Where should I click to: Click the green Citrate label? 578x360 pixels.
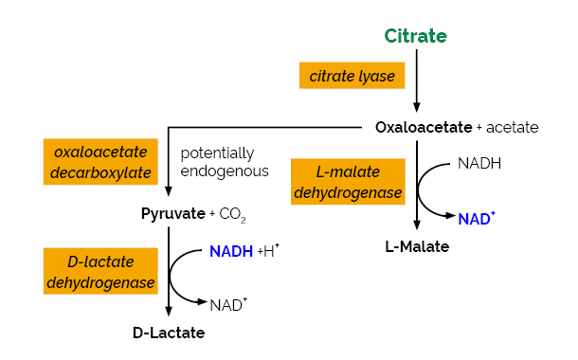click(415, 36)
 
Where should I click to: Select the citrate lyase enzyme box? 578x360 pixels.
click(352, 76)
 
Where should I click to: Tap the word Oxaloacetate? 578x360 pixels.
click(424, 127)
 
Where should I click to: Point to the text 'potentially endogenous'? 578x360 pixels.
click(225, 162)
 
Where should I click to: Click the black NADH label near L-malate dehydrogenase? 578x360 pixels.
click(479, 163)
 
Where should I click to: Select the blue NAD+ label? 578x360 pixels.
click(477, 219)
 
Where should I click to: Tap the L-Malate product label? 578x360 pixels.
click(417, 246)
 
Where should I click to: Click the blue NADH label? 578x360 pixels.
click(231, 251)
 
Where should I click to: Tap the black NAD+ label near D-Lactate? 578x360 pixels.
click(228, 305)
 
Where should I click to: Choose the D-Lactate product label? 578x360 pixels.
click(169, 333)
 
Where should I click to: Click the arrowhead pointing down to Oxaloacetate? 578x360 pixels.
click(416, 106)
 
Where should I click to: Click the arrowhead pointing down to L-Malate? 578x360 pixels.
click(416, 225)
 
